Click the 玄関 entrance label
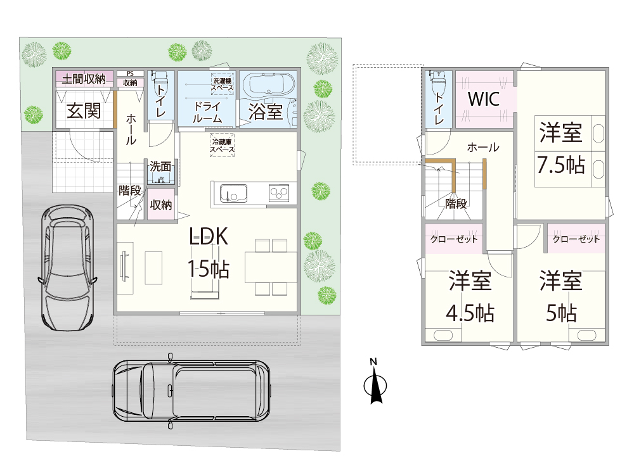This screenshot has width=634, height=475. pyautogui.click(x=84, y=111)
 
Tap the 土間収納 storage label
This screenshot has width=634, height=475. pyautogui.click(x=84, y=79)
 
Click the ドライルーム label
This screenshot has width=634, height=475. pyautogui.click(x=207, y=112)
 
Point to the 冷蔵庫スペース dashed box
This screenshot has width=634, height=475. pyautogui.click(x=223, y=145)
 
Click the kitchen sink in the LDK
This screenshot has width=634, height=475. pyautogui.click(x=234, y=194)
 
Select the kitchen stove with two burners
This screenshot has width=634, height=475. pyautogui.click(x=279, y=193)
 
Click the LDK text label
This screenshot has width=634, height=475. pyautogui.click(x=209, y=236)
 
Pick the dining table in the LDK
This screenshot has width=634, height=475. pyautogui.click(x=271, y=267)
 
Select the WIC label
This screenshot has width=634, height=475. pyautogui.click(x=484, y=99)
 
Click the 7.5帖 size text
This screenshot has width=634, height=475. pyautogui.click(x=561, y=165)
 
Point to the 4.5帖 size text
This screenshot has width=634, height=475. pyautogui.click(x=470, y=313)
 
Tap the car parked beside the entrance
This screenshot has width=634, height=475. pyautogui.click(x=68, y=267)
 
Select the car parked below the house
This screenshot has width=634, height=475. pyautogui.click(x=191, y=391)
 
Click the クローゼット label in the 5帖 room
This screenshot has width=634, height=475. pyautogui.click(x=576, y=239)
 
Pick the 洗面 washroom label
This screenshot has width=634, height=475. pyautogui.click(x=160, y=166)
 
